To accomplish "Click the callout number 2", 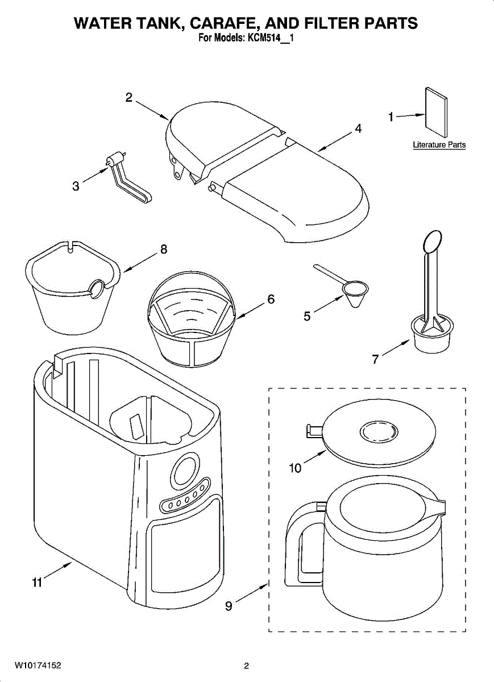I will pyautogui.click(x=130, y=97).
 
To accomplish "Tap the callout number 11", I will pyautogui.click(x=37, y=583).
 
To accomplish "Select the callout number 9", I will pyautogui.click(x=229, y=606).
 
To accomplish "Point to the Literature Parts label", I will pyautogui.click(x=439, y=145).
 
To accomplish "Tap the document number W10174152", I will pyautogui.click(x=38, y=666).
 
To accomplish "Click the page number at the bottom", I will pyautogui.click(x=246, y=666).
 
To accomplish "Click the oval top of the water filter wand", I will pyautogui.click(x=433, y=240).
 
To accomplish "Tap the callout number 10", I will pyautogui.click(x=296, y=468).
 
